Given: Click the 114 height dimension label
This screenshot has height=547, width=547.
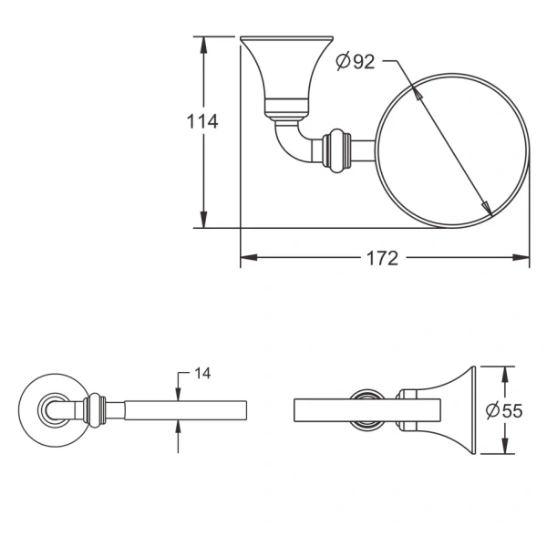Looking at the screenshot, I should point(202,120).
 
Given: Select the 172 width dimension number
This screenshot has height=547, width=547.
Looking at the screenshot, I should point(383,258).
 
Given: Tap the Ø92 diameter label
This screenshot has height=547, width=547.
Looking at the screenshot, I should point(355,62).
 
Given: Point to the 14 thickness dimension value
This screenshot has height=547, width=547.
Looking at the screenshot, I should point(202,374).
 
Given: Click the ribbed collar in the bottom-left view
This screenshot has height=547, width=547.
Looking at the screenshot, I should point(94,410).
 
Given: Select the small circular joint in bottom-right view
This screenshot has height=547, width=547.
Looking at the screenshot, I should point(369,410).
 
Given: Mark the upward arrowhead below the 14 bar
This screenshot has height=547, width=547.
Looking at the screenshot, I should point(177,428).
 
